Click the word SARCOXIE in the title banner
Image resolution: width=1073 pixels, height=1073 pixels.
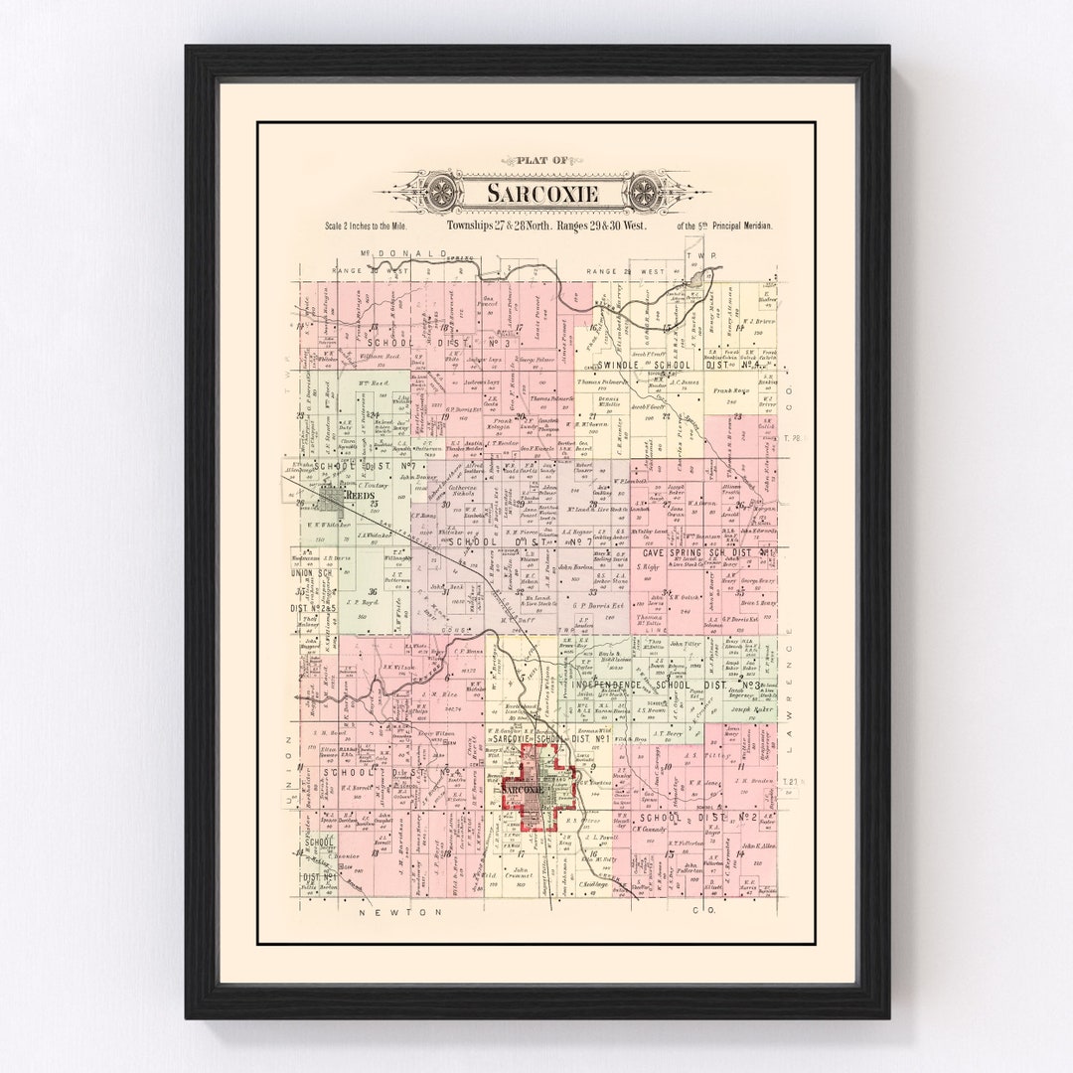pos(543,193)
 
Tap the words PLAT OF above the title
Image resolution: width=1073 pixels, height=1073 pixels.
pos(543,160)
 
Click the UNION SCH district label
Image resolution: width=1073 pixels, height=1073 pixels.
pos(311,573)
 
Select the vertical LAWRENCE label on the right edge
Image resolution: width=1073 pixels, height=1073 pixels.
pos(792,686)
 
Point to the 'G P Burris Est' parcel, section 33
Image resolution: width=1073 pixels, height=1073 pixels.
pos(593,604)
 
